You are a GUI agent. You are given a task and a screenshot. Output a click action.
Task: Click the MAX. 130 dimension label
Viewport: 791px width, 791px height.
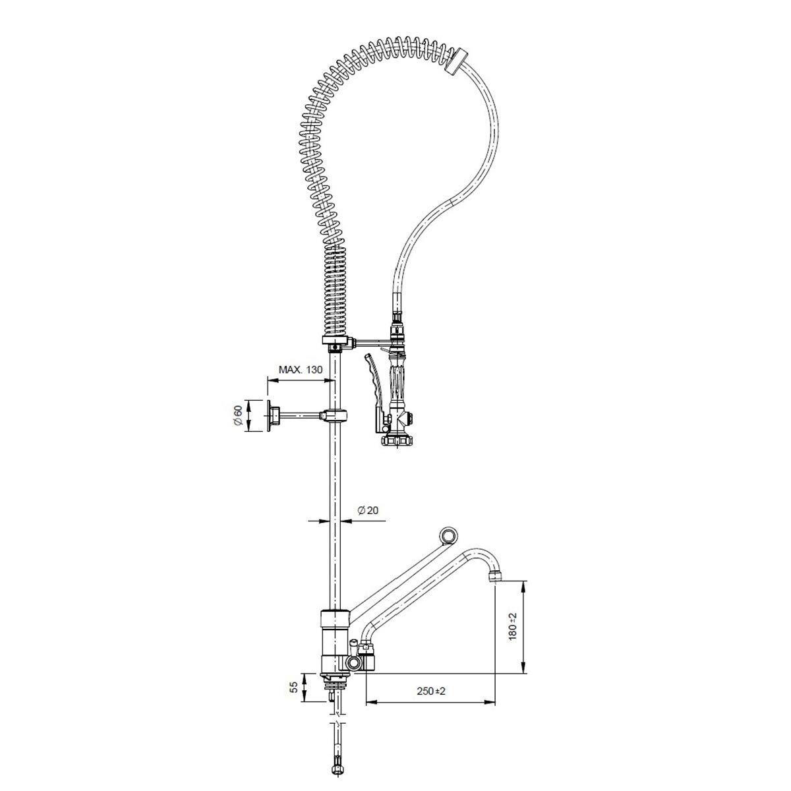(x=301, y=369)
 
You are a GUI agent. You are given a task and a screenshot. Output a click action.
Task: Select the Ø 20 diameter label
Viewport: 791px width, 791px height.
(x=368, y=510)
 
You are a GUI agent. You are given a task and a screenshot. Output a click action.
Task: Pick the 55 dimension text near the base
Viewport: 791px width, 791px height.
(x=293, y=687)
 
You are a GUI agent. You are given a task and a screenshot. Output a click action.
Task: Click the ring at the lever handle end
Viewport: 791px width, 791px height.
(x=449, y=536)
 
